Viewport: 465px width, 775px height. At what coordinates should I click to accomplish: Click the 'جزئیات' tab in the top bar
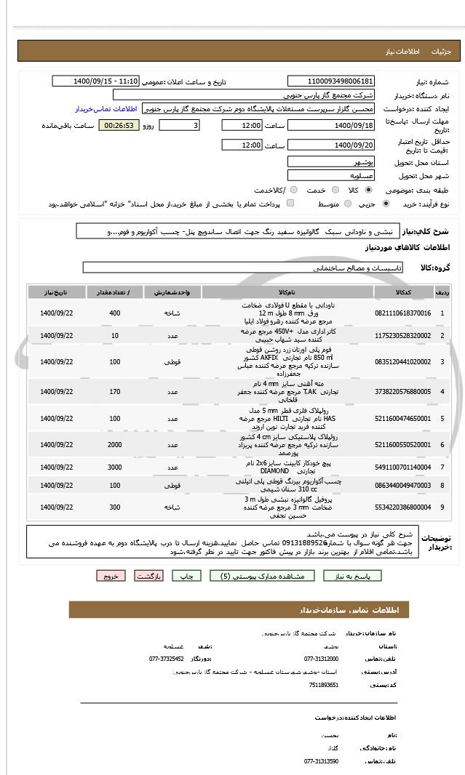click(x=442, y=52)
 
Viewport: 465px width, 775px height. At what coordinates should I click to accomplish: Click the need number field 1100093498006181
click(x=331, y=81)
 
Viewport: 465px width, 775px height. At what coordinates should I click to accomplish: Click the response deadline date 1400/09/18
click(x=331, y=126)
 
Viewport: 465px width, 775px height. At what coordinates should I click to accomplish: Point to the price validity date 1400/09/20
click(x=331, y=145)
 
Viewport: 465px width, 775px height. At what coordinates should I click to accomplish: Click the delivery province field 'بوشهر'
click(x=331, y=161)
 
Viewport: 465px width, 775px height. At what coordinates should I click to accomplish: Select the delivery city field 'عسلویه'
click(x=331, y=176)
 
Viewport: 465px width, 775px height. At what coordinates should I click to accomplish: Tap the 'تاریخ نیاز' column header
click(x=52, y=292)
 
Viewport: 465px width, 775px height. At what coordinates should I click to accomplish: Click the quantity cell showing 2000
click(x=114, y=443)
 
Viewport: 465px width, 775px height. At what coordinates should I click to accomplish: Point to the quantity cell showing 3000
click(x=114, y=467)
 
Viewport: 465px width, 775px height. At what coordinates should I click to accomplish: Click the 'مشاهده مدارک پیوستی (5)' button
click(x=263, y=576)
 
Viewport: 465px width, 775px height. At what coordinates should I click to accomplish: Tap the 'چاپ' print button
click(x=186, y=576)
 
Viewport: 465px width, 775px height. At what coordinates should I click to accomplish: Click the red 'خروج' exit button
click(x=111, y=576)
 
